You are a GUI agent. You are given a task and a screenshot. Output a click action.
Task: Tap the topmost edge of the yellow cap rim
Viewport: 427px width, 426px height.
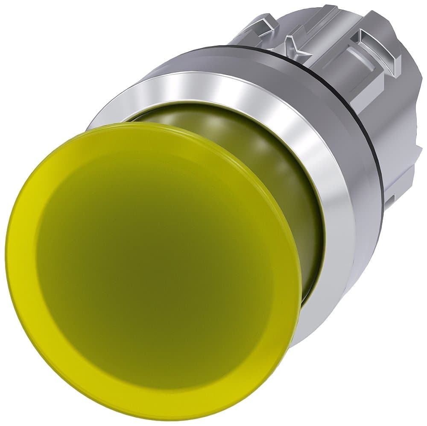pos(141,123)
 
